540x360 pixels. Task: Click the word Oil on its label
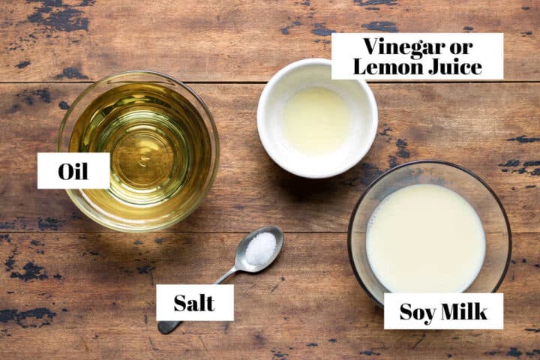tap(73, 171)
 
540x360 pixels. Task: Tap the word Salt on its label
tap(194, 303)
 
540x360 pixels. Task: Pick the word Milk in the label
tap(464, 311)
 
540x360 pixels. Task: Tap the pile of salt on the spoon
tap(260, 247)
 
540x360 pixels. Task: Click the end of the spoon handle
tap(163, 328)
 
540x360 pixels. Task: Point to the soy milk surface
tap(426, 238)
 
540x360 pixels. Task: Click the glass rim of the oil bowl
tap(217, 151)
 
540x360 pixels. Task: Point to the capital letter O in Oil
tap(65, 172)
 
